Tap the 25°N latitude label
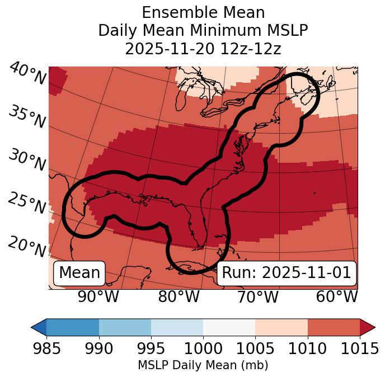[27, 203]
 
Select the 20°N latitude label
[27, 246]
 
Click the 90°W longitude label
[98, 296]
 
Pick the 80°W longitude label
[179, 296]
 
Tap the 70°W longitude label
[257, 296]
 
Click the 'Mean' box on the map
[79, 273]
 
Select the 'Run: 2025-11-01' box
[287, 273]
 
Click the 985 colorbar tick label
[46, 348]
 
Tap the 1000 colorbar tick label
[203, 348]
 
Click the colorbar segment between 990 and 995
[125, 327]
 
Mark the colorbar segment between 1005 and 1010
[281, 327]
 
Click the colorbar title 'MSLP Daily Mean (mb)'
[203, 365]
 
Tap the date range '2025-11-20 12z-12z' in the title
[203, 49]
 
